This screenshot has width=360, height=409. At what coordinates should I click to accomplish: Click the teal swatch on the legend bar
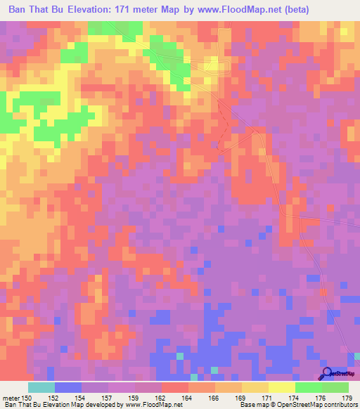41,387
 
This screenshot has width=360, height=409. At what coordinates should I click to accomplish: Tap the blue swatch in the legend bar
68,387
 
